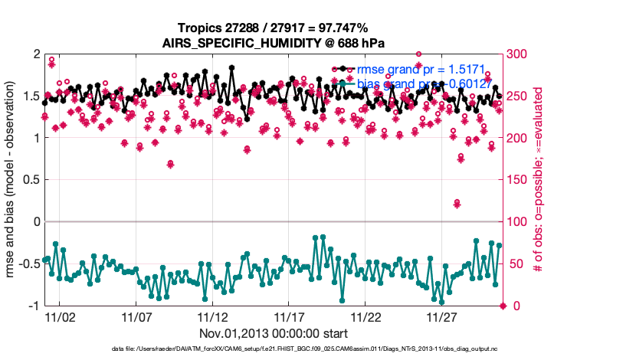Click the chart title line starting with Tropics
(274, 28)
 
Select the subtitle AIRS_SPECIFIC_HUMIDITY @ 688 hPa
(274, 42)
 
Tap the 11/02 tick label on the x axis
(59, 317)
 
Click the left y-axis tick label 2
(35, 54)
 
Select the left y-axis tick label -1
(33, 306)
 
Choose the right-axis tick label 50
(513, 264)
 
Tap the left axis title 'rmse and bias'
(13, 180)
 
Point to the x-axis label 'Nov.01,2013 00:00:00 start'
(274, 334)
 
